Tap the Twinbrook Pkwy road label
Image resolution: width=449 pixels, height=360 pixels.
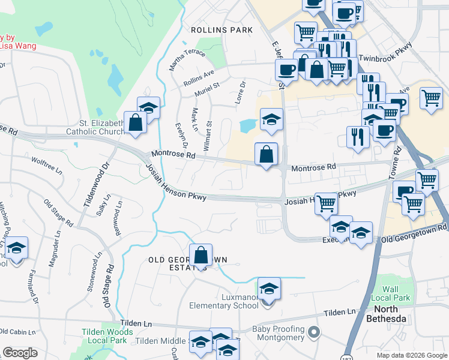pos(386,52)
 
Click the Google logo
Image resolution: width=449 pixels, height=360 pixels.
pos(20,353)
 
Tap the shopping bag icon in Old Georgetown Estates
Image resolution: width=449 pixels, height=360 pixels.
pos(202,256)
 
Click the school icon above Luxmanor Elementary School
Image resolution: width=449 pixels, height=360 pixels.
pos(270,290)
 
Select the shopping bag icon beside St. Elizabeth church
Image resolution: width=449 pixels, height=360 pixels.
pos(136,123)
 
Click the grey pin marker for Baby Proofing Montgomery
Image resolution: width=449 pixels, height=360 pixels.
pos(313,331)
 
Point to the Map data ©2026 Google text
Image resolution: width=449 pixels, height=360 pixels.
pos(411,355)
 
